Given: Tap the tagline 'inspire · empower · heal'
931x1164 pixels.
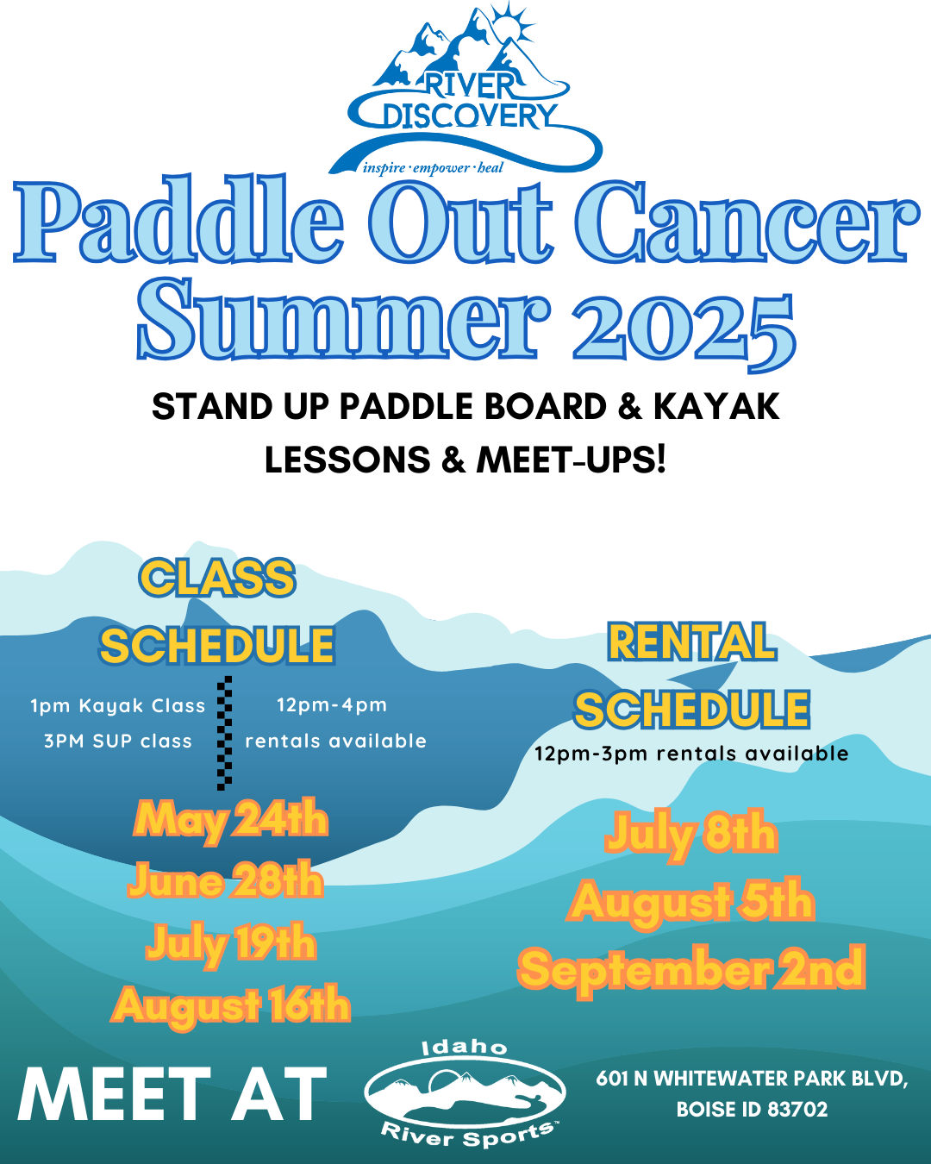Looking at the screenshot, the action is point(433,167).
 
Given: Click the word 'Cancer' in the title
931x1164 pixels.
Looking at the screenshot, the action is point(747,222).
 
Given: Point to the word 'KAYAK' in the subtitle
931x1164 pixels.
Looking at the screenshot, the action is point(716,407).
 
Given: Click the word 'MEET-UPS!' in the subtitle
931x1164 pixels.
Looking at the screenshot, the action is point(571,460).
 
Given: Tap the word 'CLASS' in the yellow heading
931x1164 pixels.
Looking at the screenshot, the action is point(217,578).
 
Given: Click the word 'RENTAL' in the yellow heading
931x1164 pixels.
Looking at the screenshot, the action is point(692,641).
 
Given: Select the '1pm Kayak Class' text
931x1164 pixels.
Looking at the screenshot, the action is point(118,706).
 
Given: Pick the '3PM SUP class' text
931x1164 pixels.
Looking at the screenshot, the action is point(118,741).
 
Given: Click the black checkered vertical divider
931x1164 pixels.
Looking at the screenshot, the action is point(224,733).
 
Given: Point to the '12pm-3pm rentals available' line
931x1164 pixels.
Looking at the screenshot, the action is point(691,754).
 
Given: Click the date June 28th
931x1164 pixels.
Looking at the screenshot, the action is point(226,881).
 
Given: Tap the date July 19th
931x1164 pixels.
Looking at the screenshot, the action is point(231,944).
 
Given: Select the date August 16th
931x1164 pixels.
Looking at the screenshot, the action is point(231,1006).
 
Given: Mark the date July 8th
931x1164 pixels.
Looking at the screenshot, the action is point(691,835).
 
